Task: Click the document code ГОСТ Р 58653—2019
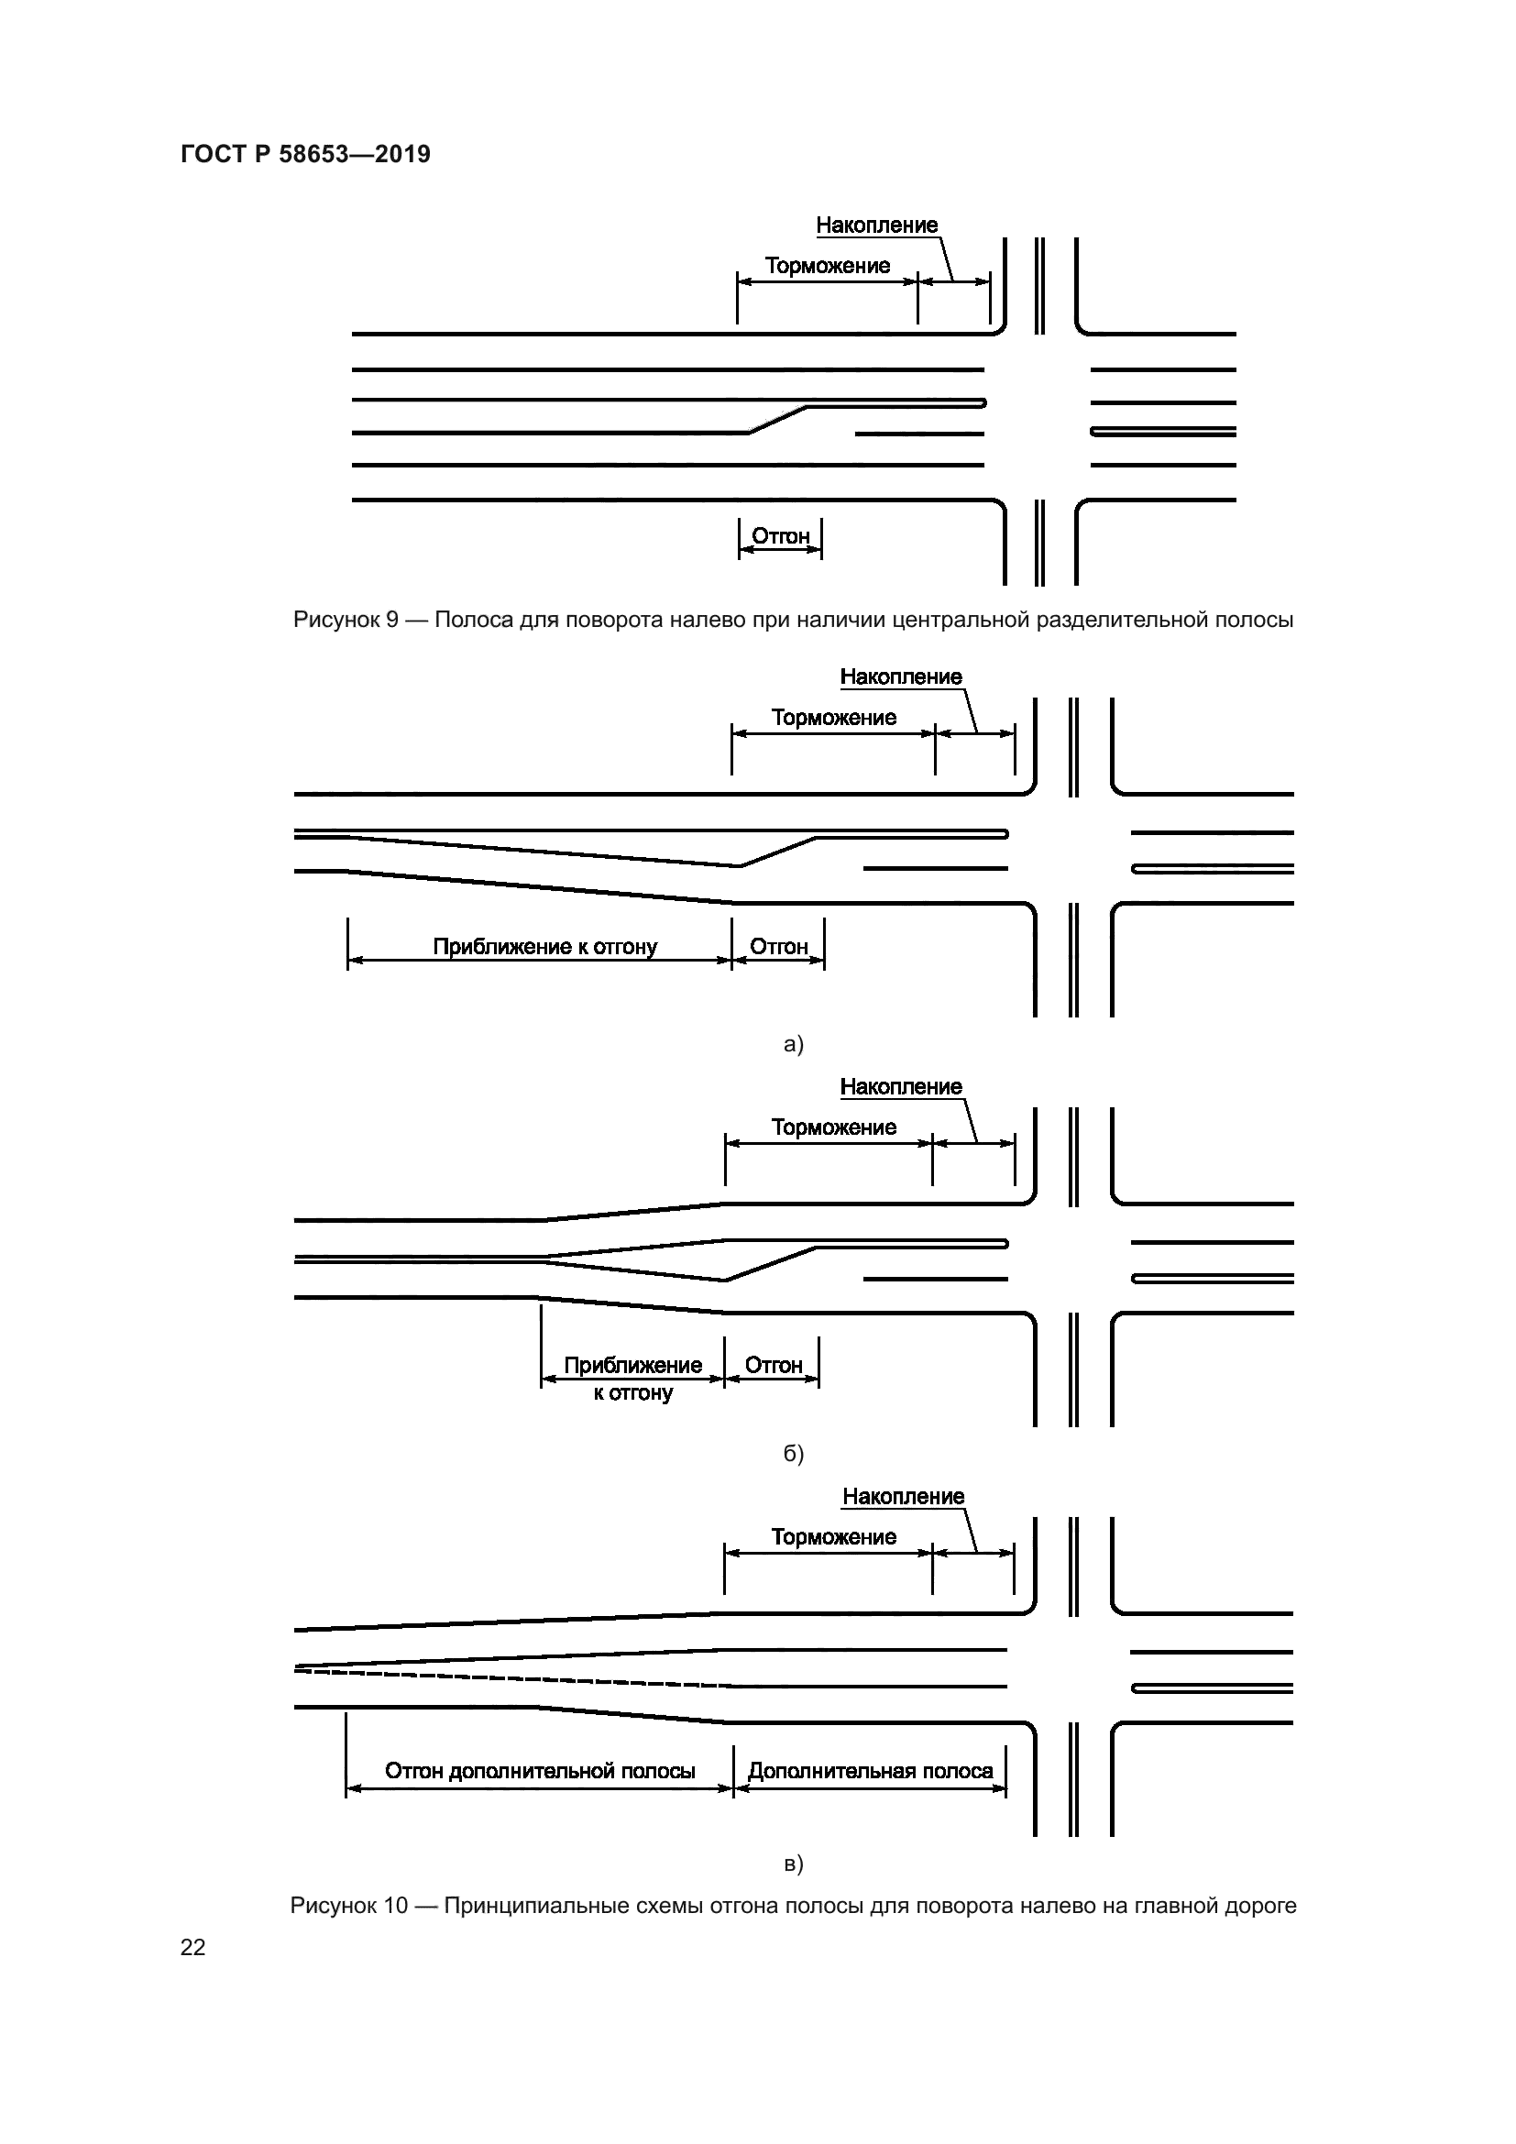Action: click(305, 154)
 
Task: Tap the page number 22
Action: click(192, 1946)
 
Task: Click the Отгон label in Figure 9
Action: click(780, 536)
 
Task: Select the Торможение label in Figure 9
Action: click(827, 266)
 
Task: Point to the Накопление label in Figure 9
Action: click(876, 225)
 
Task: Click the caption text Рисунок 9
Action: click(346, 619)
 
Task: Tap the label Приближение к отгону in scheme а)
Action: click(544, 947)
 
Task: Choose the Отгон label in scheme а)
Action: click(778, 947)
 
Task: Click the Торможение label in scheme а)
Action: click(832, 718)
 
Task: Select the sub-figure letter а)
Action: click(794, 1044)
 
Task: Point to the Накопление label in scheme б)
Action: click(901, 1087)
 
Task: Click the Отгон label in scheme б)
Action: click(773, 1365)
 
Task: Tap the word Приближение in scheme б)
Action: click(632, 1365)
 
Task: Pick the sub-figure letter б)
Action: click(794, 1454)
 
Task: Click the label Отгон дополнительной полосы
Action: click(540, 1772)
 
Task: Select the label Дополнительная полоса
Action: click(870, 1772)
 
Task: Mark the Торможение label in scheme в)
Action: click(832, 1537)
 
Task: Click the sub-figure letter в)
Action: click(794, 1864)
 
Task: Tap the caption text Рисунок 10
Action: click(348, 1905)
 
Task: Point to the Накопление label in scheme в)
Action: click(903, 1497)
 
